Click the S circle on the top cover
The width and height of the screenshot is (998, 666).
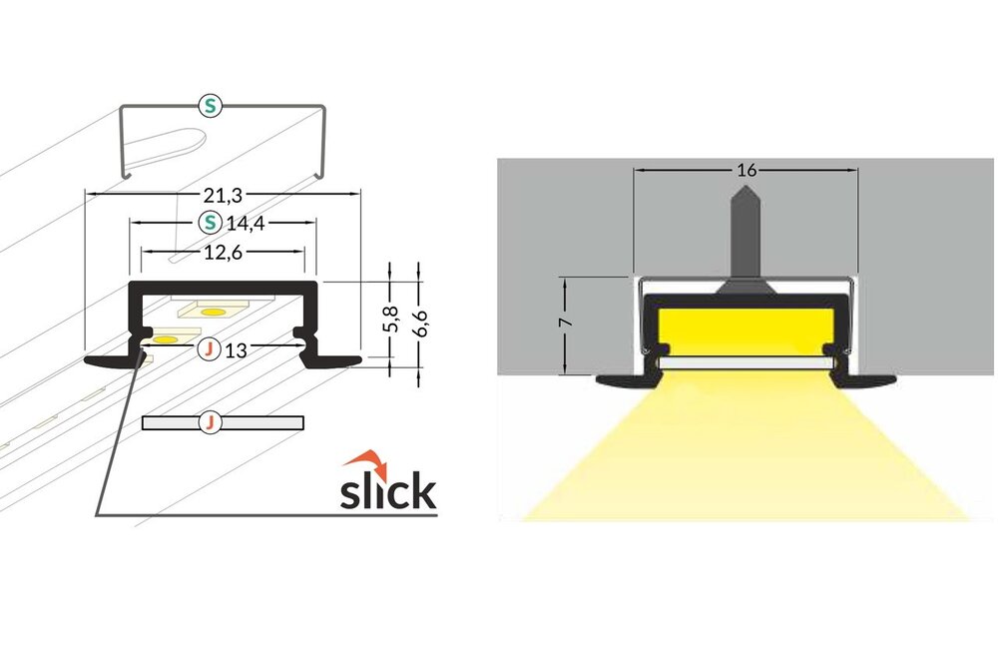(209, 104)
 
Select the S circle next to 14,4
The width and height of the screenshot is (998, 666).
(210, 221)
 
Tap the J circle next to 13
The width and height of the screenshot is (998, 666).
(209, 349)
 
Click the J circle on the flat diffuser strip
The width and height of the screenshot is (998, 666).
(210, 422)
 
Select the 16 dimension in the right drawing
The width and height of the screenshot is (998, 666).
(746, 170)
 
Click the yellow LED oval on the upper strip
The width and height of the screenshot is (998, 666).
(213, 314)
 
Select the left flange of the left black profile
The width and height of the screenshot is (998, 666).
(108, 359)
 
